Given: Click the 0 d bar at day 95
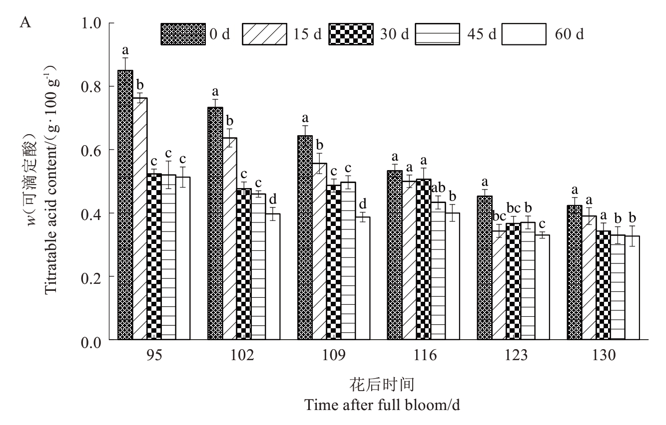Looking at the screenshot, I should [x=125, y=205].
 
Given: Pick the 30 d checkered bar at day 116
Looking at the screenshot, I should [x=423, y=259].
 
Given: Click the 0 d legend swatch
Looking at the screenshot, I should [x=183, y=34].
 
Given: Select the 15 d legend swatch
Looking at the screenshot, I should [x=265, y=34].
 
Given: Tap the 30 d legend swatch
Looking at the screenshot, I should [x=351, y=34].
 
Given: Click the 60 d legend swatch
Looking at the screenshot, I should [x=524, y=34].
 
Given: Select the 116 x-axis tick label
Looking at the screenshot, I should [x=426, y=356].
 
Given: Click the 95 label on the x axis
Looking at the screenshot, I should [x=154, y=356].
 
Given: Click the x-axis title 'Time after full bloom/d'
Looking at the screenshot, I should [x=382, y=404].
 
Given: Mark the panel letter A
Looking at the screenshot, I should [x=24, y=22].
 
